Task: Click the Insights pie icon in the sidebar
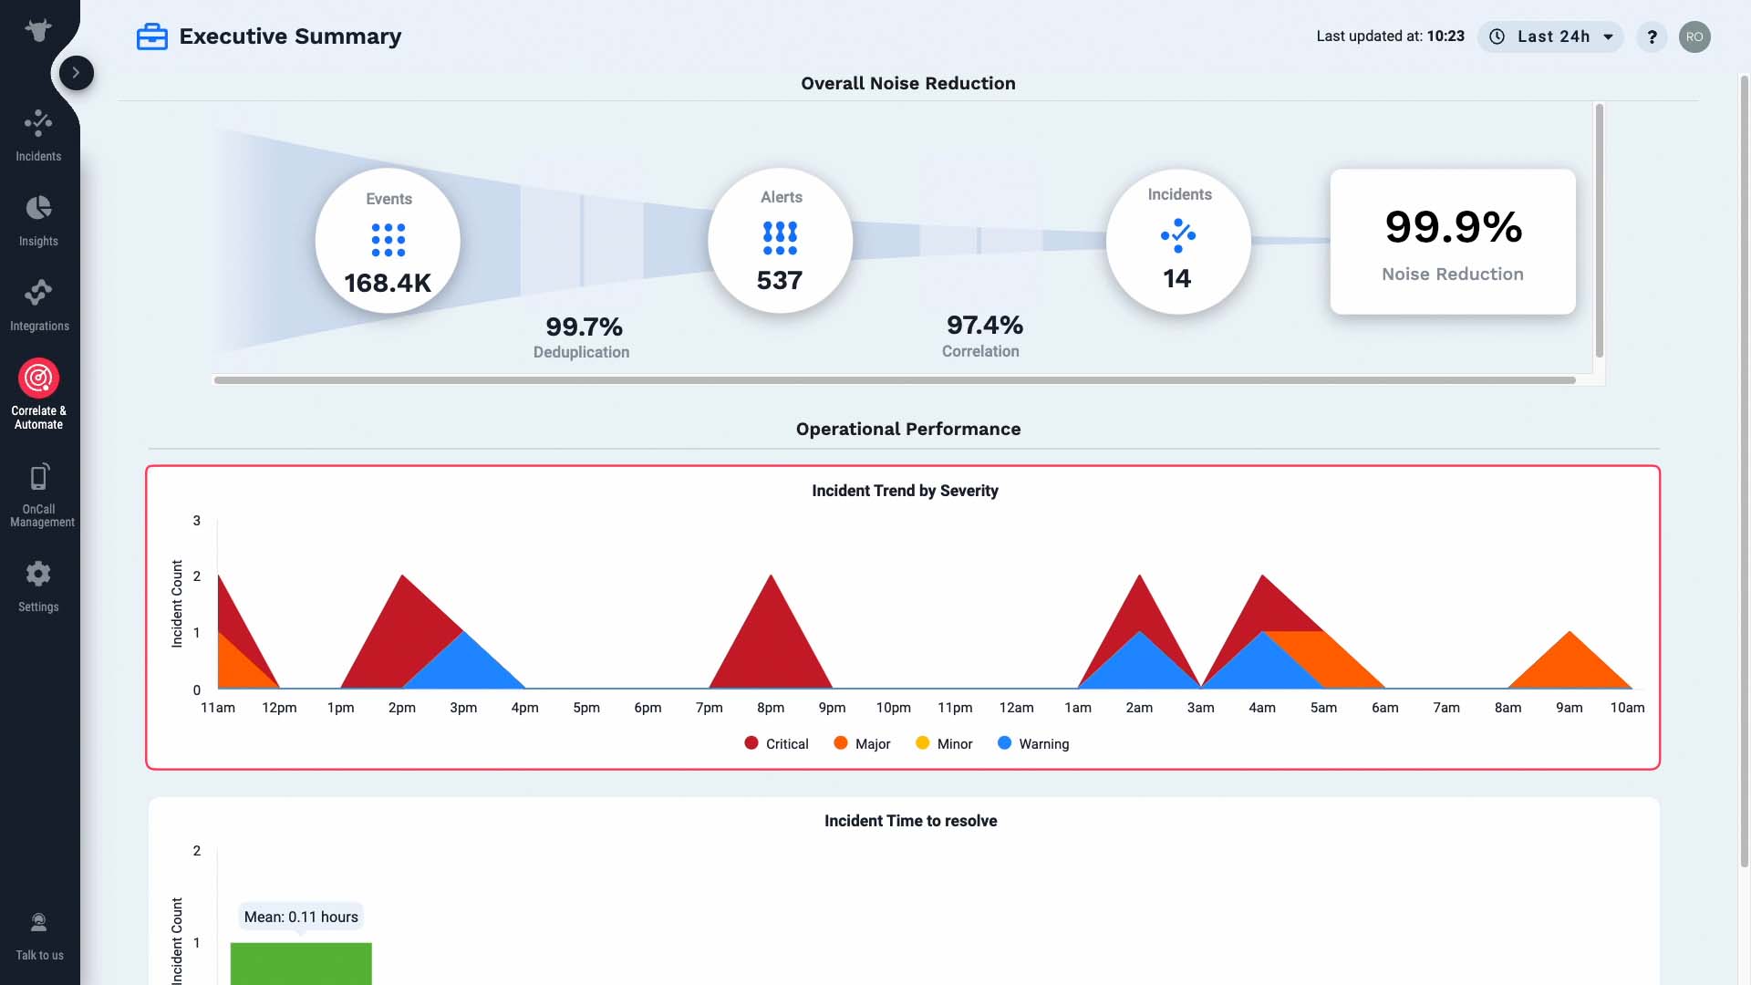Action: (x=38, y=208)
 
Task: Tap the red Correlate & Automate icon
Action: (x=38, y=378)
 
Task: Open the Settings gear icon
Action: (x=38, y=574)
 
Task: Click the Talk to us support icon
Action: (x=38, y=922)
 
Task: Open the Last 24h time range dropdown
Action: (x=1550, y=36)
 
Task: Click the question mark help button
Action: (x=1652, y=36)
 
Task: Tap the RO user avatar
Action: (x=1694, y=36)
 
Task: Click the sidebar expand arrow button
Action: (x=77, y=73)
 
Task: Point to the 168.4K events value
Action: (x=388, y=283)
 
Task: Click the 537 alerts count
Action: (x=780, y=280)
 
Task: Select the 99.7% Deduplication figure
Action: (x=584, y=327)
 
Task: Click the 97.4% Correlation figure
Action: (x=985, y=325)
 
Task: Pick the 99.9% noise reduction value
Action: (x=1454, y=227)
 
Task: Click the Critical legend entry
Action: (x=776, y=744)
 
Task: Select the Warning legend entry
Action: (x=1033, y=744)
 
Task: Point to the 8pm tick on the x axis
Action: (x=771, y=708)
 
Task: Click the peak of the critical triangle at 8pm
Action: (x=771, y=575)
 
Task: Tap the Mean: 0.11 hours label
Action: (x=301, y=917)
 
